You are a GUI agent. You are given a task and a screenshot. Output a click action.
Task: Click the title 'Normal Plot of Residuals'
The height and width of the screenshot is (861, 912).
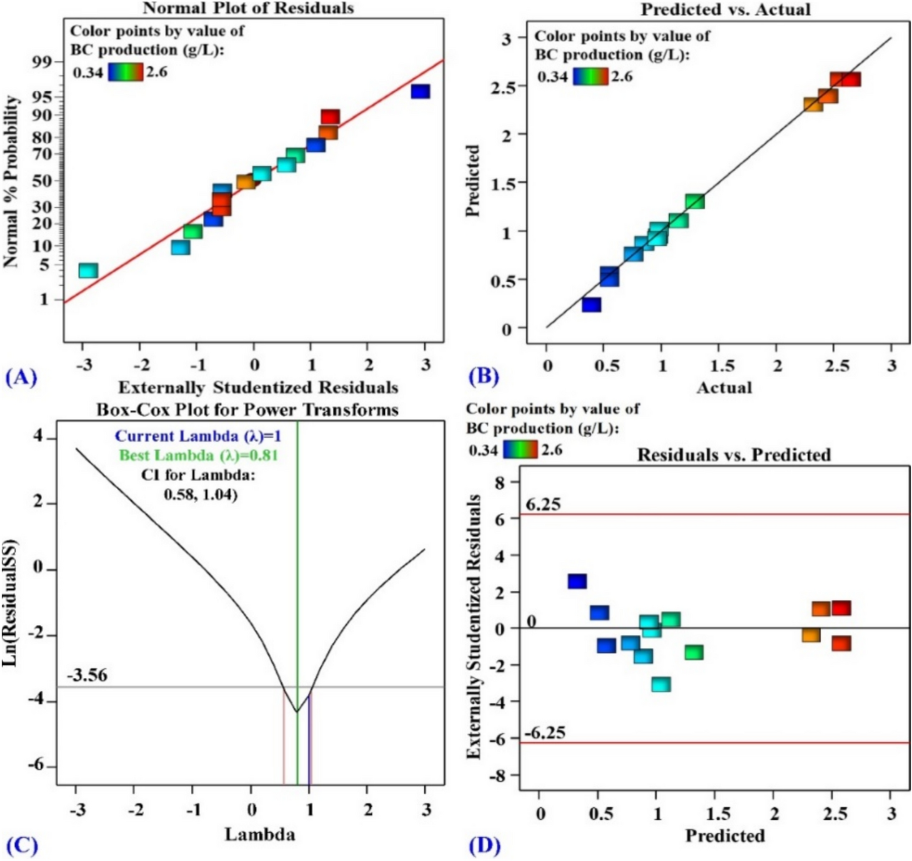[248, 8]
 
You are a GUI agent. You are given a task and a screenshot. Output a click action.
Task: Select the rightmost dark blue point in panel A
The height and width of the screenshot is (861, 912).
[420, 91]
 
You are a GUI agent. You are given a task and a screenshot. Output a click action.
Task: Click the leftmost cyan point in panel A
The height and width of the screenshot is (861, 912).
[88, 271]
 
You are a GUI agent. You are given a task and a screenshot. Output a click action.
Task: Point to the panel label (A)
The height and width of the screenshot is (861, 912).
[21, 377]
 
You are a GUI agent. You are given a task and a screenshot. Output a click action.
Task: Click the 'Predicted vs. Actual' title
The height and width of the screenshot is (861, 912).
[725, 9]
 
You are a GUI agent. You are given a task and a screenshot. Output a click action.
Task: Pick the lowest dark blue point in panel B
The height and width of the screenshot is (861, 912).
[591, 304]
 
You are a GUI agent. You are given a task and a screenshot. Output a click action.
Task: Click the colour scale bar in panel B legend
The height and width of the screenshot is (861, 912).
[590, 76]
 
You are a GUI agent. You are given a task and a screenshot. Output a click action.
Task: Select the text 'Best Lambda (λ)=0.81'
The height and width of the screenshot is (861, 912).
[198, 455]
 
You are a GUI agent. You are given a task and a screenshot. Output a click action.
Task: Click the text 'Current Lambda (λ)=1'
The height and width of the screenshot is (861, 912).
[197, 436]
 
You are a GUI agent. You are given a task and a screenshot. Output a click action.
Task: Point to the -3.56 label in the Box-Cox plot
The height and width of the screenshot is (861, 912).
[87, 675]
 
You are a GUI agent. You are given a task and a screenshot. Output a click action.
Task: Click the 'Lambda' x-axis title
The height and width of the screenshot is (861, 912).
[260, 834]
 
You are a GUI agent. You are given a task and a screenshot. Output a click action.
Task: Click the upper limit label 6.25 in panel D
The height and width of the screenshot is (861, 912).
[542, 504]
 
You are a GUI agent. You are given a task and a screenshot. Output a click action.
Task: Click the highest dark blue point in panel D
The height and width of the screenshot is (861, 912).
[577, 581]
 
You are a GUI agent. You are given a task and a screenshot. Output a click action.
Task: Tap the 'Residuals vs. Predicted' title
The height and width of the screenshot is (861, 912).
[733, 454]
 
